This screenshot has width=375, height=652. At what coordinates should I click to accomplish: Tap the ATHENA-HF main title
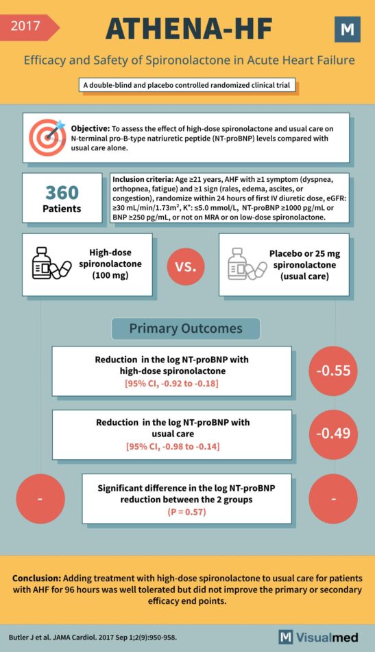click(189, 30)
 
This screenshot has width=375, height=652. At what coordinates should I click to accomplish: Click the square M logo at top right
click(347, 30)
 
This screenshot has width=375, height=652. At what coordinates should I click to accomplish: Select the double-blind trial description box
click(187, 85)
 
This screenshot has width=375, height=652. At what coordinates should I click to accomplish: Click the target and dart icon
click(47, 137)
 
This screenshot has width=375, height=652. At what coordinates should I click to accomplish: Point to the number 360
click(62, 193)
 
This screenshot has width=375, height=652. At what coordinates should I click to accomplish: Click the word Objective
click(90, 129)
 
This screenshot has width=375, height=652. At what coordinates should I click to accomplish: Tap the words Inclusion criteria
click(138, 181)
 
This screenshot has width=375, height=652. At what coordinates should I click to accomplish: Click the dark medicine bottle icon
click(51, 264)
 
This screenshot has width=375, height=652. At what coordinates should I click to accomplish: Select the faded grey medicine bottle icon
click(247, 264)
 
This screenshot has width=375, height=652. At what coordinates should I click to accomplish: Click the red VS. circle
click(186, 266)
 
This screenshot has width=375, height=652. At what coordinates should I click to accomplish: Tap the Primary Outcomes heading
click(186, 329)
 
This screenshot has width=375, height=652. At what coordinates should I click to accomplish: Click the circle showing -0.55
click(333, 371)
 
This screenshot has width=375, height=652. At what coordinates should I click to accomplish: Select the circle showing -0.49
click(333, 434)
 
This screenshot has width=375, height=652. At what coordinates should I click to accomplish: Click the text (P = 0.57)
click(186, 511)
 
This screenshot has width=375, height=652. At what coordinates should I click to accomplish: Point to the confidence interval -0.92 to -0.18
click(171, 384)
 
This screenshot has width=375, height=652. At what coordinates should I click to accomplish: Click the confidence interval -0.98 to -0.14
click(173, 447)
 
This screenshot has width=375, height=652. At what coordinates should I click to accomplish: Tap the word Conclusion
click(36, 579)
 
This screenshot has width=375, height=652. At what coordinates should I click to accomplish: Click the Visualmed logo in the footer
click(319, 637)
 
